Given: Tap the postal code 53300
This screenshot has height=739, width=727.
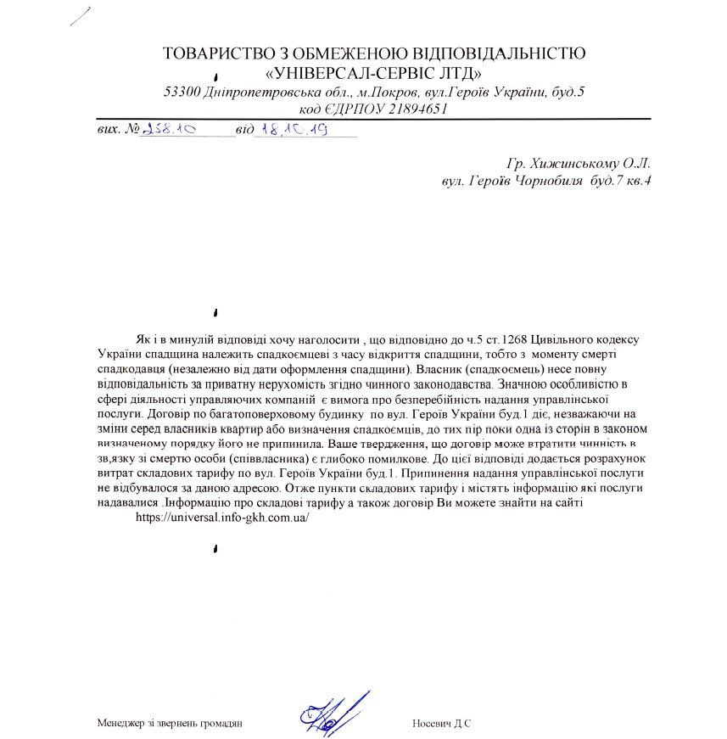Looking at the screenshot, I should (182, 92).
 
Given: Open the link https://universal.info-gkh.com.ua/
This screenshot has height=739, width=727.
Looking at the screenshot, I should (221, 517).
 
